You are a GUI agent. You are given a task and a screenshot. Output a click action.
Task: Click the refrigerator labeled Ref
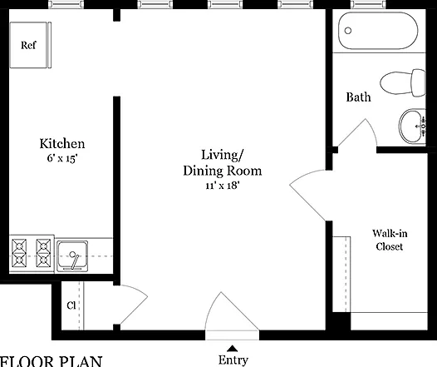click(x=31, y=45)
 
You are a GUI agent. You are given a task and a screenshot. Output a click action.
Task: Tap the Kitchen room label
click(x=62, y=144)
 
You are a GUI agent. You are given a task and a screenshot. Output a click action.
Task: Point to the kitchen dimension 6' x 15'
click(x=61, y=158)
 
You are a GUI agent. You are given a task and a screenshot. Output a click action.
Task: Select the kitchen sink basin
click(x=72, y=256)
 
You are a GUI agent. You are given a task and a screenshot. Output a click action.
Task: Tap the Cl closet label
click(x=71, y=305)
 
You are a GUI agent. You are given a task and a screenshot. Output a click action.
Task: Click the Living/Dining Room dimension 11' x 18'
click(x=223, y=186)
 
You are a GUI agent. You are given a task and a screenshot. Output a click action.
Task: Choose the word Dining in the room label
click(x=204, y=171)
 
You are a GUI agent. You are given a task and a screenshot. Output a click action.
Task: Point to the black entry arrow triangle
click(x=232, y=349)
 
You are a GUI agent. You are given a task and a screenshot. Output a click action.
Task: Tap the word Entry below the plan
click(x=233, y=360)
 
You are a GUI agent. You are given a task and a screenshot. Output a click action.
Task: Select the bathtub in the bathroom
click(x=378, y=31)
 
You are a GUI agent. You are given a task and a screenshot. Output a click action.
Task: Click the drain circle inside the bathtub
click(x=348, y=31)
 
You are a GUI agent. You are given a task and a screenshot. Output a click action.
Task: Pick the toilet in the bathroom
click(x=403, y=83)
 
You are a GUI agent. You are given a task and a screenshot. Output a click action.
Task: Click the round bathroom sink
click(x=411, y=126)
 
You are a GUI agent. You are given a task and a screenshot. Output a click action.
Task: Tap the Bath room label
click(x=358, y=97)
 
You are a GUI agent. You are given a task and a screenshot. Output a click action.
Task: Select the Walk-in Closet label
click(x=390, y=240)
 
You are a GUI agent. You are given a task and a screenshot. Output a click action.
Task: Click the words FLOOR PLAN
click(x=51, y=361)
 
